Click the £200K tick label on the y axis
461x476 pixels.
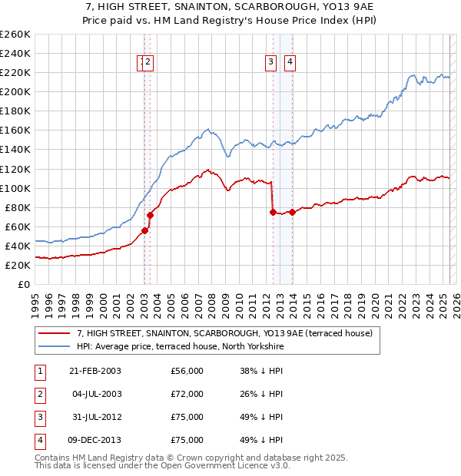tap(15, 91)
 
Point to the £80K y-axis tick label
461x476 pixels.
tap(17, 207)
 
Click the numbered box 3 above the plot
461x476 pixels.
tap(271, 63)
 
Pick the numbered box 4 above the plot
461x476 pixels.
tap(290, 63)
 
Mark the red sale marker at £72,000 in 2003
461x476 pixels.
tap(150, 215)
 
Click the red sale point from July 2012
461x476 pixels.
tap(273, 212)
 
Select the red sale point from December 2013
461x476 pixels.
tap(292, 212)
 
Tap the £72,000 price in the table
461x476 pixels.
tap(187, 394)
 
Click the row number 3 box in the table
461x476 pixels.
tap(38, 417)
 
